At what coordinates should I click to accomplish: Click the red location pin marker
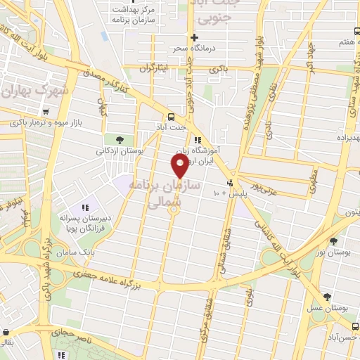pyautogui.click(x=180, y=166)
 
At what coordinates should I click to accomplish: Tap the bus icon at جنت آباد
pyautogui.click(x=171, y=117)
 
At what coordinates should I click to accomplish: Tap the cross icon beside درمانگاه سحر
pyautogui.click(x=195, y=37)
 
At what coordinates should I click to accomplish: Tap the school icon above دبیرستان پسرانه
pyautogui.click(x=85, y=207)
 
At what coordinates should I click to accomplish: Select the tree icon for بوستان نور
pyautogui.click(x=333, y=240)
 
